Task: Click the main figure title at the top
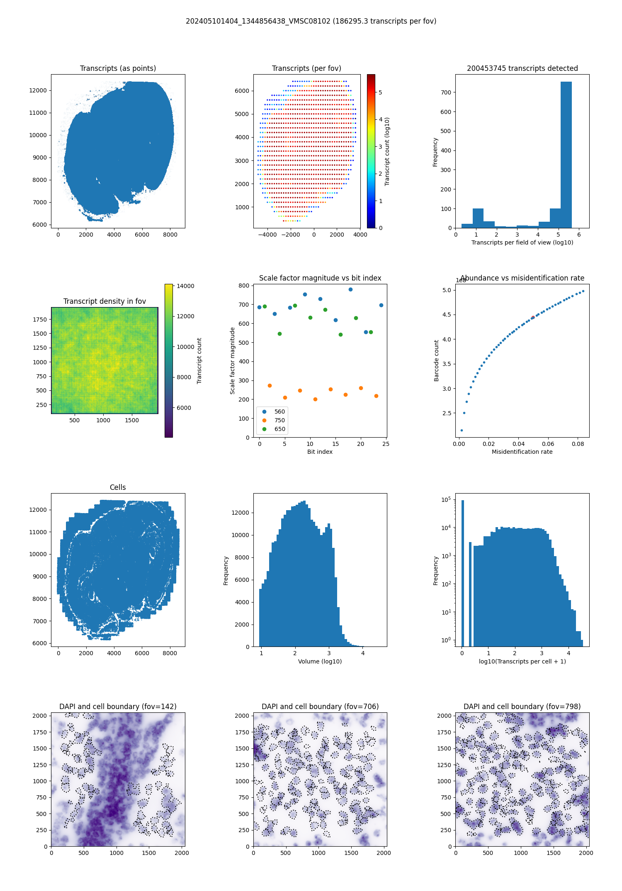tap(311, 21)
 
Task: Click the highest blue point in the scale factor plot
tap(350, 289)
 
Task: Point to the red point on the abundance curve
tap(533, 317)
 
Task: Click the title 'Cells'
tap(118, 487)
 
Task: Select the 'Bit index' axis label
tap(320, 452)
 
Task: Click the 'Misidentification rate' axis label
tap(522, 452)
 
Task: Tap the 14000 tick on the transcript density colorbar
tap(185, 286)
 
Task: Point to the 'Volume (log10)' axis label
tap(320, 661)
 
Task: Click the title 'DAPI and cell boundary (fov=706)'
tap(320, 707)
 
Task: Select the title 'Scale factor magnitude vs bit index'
tap(320, 278)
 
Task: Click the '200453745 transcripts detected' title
tap(522, 68)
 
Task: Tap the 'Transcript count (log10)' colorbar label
tap(387, 151)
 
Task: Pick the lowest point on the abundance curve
tap(462, 430)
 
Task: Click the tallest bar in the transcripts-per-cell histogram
tap(463, 572)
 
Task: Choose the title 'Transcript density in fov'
tap(104, 301)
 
